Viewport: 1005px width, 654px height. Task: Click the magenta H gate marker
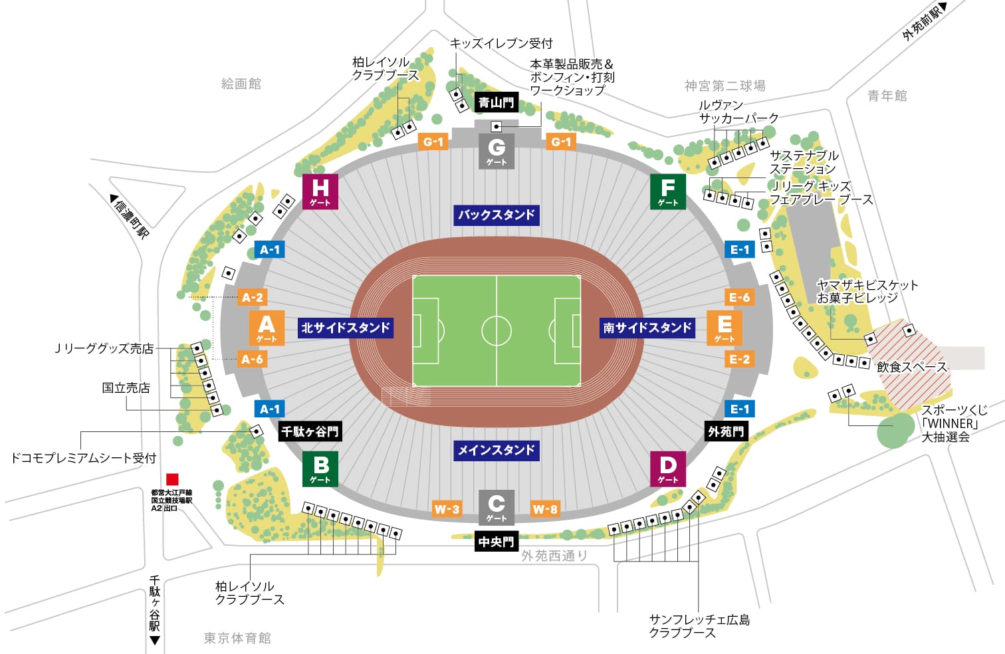tap(320, 191)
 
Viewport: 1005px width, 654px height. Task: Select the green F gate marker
tap(667, 191)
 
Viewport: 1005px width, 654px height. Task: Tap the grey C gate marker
tap(497, 506)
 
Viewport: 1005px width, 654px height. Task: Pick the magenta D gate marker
tap(667, 469)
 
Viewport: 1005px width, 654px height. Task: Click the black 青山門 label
tap(497, 102)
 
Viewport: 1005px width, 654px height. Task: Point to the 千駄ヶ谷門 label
tap(310, 431)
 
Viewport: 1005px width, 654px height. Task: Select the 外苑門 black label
tap(726, 431)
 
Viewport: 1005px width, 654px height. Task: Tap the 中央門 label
tap(497, 542)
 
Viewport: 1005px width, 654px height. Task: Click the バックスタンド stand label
tap(497, 215)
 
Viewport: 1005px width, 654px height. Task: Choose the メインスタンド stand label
tap(497, 450)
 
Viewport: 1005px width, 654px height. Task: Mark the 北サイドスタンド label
tap(345, 328)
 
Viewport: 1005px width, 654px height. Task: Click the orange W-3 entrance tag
tap(447, 509)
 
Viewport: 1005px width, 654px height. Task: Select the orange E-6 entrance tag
tap(739, 297)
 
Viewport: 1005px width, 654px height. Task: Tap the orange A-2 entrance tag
tap(252, 297)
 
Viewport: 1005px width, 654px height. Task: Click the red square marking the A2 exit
tap(172, 479)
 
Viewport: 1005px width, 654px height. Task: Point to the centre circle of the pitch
tap(497, 330)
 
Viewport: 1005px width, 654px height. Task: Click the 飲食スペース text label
tap(911, 367)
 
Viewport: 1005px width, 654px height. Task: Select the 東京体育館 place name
tap(237, 638)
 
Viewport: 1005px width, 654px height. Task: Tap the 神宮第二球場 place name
tap(725, 86)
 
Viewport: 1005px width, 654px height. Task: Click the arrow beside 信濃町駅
tap(114, 198)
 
